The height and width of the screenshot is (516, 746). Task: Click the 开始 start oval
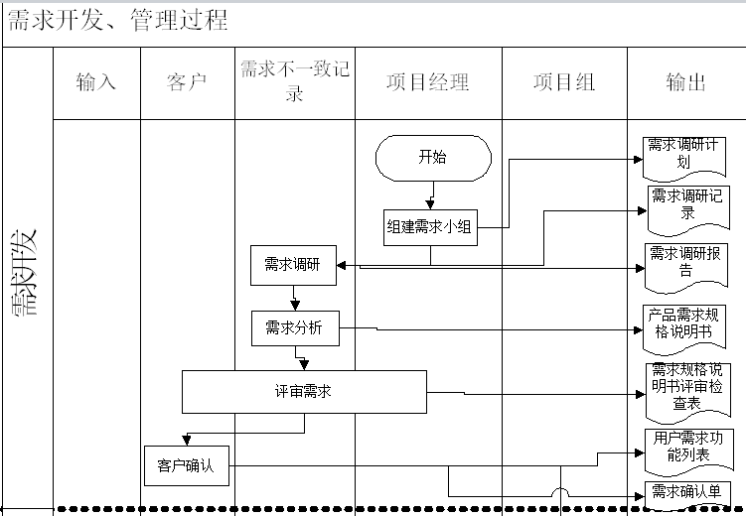click(x=433, y=157)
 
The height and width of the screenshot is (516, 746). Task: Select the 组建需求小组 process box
click(x=430, y=228)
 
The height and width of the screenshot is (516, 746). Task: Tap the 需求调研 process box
click(x=293, y=265)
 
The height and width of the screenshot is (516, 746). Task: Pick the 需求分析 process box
click(x=294, y=328)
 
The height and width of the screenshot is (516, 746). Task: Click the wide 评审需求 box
click(x=304, y=392)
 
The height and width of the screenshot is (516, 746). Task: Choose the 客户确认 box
click(x=186, y=465)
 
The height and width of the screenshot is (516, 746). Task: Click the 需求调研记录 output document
click(x=686, y=203)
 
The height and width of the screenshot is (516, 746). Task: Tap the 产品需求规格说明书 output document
click(x=685, y=322)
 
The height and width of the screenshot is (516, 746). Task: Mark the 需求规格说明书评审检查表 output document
click(x=687, y=386)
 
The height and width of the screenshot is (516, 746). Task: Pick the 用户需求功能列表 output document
click(x=687, y=447)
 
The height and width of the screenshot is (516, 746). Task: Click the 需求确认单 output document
click(x=687, y=491)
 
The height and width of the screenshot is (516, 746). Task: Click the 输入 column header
click(x=96, y=82)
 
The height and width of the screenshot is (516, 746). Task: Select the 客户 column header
click(x=188, y=82)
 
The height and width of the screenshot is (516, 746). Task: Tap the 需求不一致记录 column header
click(x=294, y=82)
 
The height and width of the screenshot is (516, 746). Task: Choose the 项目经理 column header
click(x=428, y=82)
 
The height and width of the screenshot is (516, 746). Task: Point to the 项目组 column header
click(x=564, y=82)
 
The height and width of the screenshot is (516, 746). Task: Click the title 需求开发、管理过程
click(x=118, y=20)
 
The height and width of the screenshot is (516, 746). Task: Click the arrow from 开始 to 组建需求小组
click(x=431, y=194)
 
